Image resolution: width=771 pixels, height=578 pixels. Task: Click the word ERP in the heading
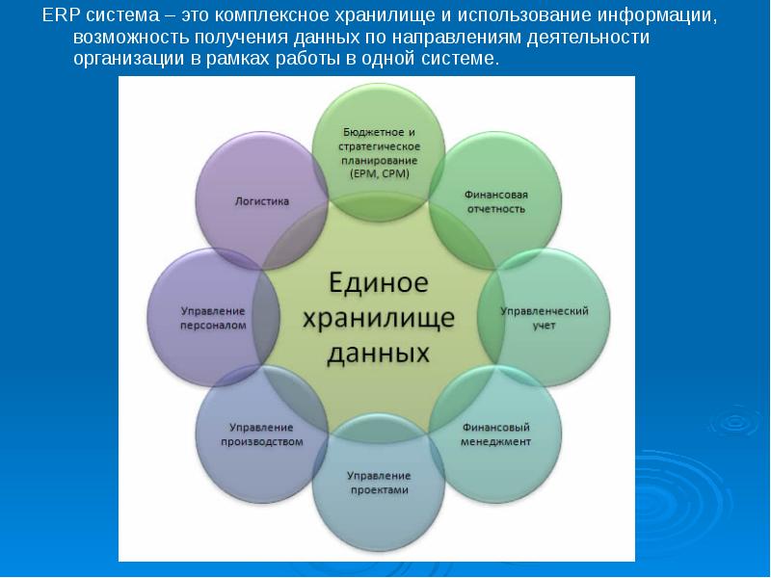pyautogui.click(x=61, y=15)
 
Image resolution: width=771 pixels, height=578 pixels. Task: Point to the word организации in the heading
pyautogui.click(x=126, y=59)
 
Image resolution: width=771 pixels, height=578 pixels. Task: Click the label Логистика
pyautogui.click(x=261, y=201)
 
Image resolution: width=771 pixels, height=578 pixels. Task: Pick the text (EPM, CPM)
pyautogui.click(x=379, y=174)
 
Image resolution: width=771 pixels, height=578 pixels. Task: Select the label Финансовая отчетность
pyautogui.click(x=496, y=201)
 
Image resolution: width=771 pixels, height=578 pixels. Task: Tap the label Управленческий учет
pyautogui.click(x=545, y=318)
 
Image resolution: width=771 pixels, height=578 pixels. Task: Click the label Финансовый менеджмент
pyautogui.click(x=495, y=434)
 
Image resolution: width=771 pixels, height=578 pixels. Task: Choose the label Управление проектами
pyautogui.click(x=379, y=483)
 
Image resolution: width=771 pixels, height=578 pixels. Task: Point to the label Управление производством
pyautogui.click(x=261, y=434)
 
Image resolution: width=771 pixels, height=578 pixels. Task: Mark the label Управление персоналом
pyautogui.click(x=213, y=318)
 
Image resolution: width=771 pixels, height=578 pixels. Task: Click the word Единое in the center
pyautogui.click(x=379, y=282)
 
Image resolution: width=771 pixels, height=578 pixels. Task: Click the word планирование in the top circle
pyautogui.click(x=379, y=160)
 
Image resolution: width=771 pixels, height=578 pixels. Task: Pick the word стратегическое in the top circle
pyautogui.click(x=379, y=146)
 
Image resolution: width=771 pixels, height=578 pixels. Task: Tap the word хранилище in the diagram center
pyautogui.click(x=378, y=319)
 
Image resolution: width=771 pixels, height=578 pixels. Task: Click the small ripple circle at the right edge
pyautogui.click(x=734, y=421)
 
